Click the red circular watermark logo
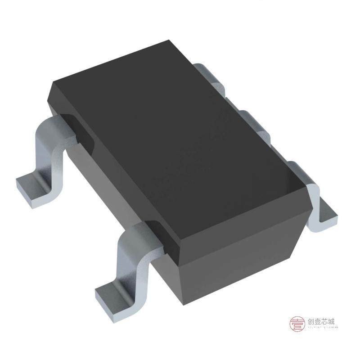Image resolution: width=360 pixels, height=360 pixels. pyautogui.click(x=296, y=324)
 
